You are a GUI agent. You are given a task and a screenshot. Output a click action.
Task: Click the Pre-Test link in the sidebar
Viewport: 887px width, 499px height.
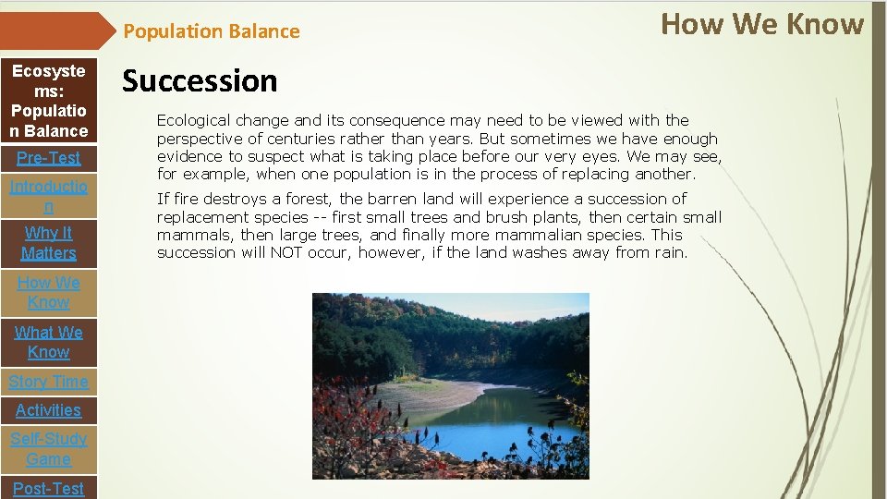tap(48, 158)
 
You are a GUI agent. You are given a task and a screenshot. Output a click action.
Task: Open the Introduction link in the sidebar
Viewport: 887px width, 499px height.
tap(48, 197)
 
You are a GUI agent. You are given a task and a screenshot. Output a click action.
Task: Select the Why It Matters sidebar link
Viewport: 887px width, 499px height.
tap(48, 243)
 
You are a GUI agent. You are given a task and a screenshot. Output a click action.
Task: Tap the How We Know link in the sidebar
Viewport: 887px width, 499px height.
tap(48, 292)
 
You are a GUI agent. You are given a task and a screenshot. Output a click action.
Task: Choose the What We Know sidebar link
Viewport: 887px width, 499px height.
tap(48, 342)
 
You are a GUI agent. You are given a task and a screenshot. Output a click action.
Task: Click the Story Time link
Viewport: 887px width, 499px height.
tap(48, 382)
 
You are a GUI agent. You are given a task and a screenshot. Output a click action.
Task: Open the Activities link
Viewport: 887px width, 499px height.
tap(48, 410)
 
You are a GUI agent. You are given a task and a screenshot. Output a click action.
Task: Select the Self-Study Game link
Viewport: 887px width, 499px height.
tap(48, 449)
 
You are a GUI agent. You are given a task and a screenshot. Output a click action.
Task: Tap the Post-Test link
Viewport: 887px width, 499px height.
tap(48, 488)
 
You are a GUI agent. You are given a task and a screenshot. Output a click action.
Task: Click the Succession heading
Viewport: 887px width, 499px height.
tap(200, 81)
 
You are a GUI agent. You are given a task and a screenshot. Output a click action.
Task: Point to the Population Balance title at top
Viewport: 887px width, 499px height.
tap(212, 31)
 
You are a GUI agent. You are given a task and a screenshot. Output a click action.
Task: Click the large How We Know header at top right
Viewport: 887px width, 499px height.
tap(762, 24)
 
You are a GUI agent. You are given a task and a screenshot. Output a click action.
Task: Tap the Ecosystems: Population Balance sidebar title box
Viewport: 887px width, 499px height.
tap(49, 101)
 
